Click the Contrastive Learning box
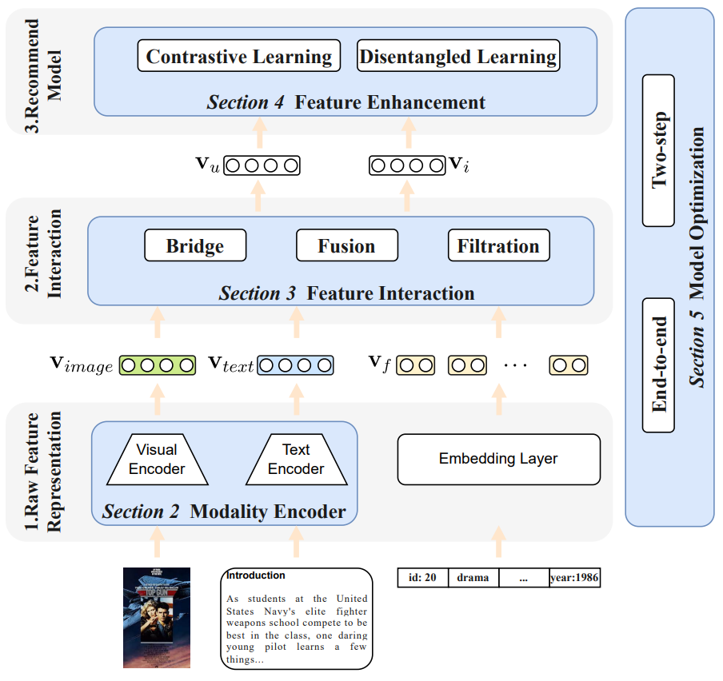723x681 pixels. [x=239, y=57]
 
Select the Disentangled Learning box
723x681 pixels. [x=458, y=57]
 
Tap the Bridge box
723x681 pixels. [x=195, y=246]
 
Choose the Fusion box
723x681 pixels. [x=346, y=246]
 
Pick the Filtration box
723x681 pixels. [x=498, y=246]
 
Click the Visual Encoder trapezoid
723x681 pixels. [x=157, y=460]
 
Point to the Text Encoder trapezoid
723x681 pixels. [x=296, y=460]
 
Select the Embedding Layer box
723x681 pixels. [x=498, y=459]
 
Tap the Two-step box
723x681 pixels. [x=659, y=150]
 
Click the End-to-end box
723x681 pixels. [x=659, y=364]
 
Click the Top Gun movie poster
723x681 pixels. [x=157, y=617]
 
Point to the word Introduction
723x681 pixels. [x=256, y=575]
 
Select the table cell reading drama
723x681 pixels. [x=473, y=577]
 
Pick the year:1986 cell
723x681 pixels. [x=574, y=577]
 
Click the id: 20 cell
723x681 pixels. [x=422, y=577]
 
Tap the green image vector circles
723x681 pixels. [x=158, y=365]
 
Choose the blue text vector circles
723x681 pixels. [x=295, y=365]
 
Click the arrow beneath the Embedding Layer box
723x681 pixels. [x=498, y=541]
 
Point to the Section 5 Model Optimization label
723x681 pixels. [x=697, y=256]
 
